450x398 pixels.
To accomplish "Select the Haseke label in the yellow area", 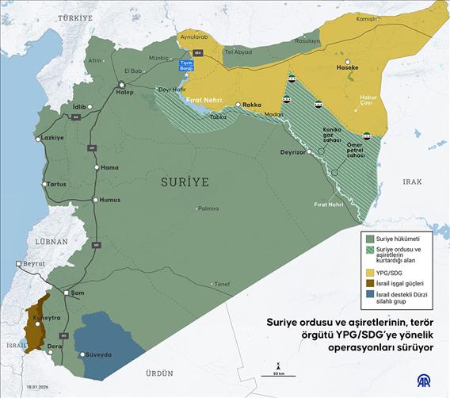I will click(349, 67).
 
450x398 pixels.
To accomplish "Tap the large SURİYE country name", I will click(185, 182).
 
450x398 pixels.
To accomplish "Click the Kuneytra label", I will click(46, 317).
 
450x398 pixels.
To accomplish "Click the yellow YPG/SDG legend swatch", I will click(368, 272).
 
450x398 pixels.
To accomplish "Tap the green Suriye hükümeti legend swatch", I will click(368, 237).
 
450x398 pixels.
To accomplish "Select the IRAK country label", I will click(412, 182).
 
